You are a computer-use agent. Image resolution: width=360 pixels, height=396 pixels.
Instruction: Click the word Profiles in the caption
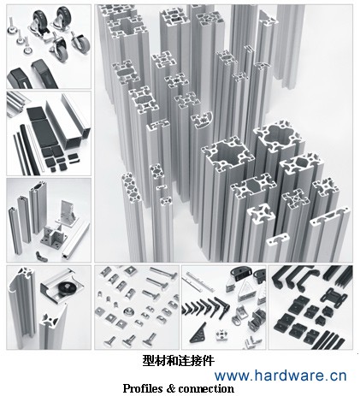(143, 388)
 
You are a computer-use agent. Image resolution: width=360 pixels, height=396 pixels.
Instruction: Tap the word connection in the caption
(206, 388)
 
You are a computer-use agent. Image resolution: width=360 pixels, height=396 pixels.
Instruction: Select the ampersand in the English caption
(170, 388)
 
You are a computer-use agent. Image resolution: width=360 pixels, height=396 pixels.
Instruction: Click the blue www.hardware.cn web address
(280, 375)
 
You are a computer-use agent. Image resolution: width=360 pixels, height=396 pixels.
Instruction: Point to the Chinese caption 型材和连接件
(178, 361)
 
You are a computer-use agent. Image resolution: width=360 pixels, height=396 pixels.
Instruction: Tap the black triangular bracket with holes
(198, 333)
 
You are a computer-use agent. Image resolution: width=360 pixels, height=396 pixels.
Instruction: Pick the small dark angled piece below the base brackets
(39, 256)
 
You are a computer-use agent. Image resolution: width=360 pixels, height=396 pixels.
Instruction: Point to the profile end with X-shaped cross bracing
(295, 198)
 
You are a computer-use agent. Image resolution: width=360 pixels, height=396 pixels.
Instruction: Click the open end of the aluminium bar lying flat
(66, 255)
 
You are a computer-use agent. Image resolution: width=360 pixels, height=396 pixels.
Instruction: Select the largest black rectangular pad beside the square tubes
(44, 133)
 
